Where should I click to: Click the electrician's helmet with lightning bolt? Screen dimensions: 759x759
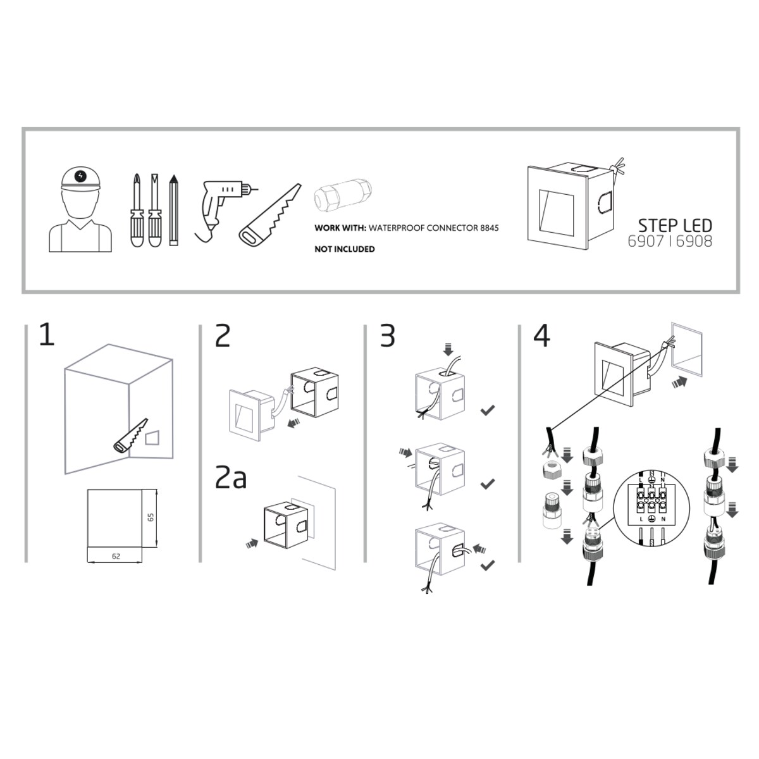(x=80, y=180)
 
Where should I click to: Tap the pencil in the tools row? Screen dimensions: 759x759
(x=173, y=211)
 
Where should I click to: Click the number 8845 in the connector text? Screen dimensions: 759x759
(x=489, y=228)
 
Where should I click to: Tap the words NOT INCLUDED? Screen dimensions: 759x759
(x=344, y=249)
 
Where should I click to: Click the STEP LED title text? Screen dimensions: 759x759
(x=675, y=226)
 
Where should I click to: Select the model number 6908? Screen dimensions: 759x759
(x=694, y=242)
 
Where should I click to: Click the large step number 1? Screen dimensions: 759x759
(x=46, y=335)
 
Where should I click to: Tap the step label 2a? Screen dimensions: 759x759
(x=231, y=477)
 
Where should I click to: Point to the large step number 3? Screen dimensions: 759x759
(x=387, y=336)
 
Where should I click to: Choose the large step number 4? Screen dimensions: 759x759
(x=541, y=336)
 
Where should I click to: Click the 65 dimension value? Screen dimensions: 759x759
(x=151, y=517)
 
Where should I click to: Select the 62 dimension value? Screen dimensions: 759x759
(x=116, y=556)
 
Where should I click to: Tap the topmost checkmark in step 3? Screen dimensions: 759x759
(x=488, y=410)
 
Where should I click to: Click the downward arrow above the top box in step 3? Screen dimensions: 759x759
(x=448, y=349)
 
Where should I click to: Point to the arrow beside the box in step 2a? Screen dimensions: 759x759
(x=252, y=543)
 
